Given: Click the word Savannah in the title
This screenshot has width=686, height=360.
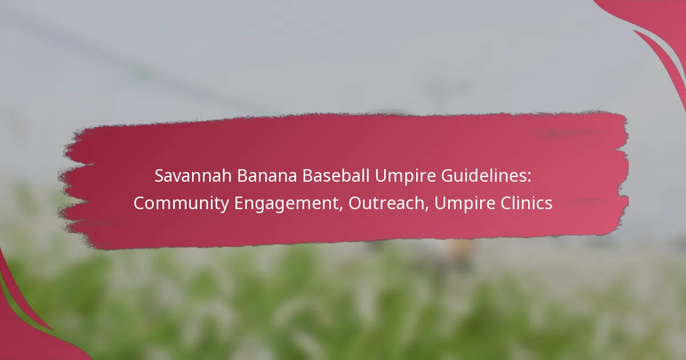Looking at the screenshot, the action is (x=193, y=176).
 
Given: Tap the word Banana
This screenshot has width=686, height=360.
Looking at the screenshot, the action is (x=267, y=176).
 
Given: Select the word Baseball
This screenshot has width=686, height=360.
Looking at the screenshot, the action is (x=336, y=176).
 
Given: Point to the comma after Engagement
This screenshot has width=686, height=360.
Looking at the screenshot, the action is (x=341, y=210).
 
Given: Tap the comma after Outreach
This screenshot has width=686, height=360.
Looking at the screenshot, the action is (x=426, y=210).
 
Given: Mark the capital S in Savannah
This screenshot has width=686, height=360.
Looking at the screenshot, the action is (x=159, y=176).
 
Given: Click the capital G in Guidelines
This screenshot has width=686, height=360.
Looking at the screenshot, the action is (x=448, y=176).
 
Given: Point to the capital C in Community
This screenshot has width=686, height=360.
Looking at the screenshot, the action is (x=139, y=203).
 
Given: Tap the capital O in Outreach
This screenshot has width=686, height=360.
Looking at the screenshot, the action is (x=355, y=203).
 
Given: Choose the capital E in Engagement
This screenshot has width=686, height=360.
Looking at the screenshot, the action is (x=239, y=203).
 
